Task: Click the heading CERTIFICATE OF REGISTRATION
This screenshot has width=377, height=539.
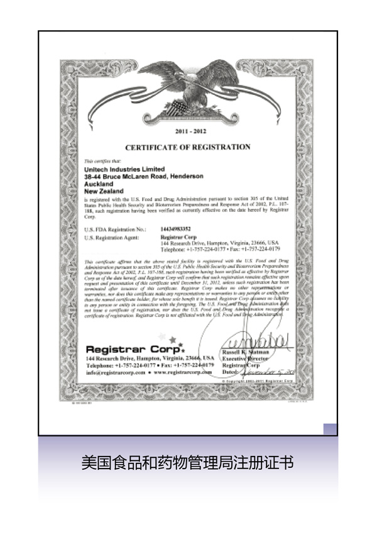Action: click(x=187, y=147)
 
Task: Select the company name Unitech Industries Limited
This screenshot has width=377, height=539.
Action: click(x=124, y=169)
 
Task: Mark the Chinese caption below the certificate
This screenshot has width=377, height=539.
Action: click(x=188, y=464)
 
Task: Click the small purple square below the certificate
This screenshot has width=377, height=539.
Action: click(x=331, y=430)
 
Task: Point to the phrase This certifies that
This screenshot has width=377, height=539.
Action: click(x=97, y=162)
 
